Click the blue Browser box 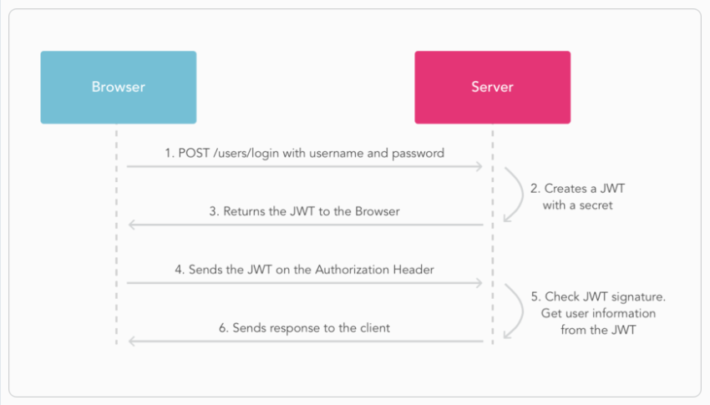point(118,88)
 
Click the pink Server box point(492,88)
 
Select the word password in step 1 point(418,154)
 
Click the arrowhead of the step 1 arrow point(479,167)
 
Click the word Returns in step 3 point(245,211)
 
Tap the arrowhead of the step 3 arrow point(131,225)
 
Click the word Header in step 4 point(411,270)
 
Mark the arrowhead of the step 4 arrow point(479,283)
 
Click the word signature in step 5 point(636,296)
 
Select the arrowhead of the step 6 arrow point(131,342)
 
